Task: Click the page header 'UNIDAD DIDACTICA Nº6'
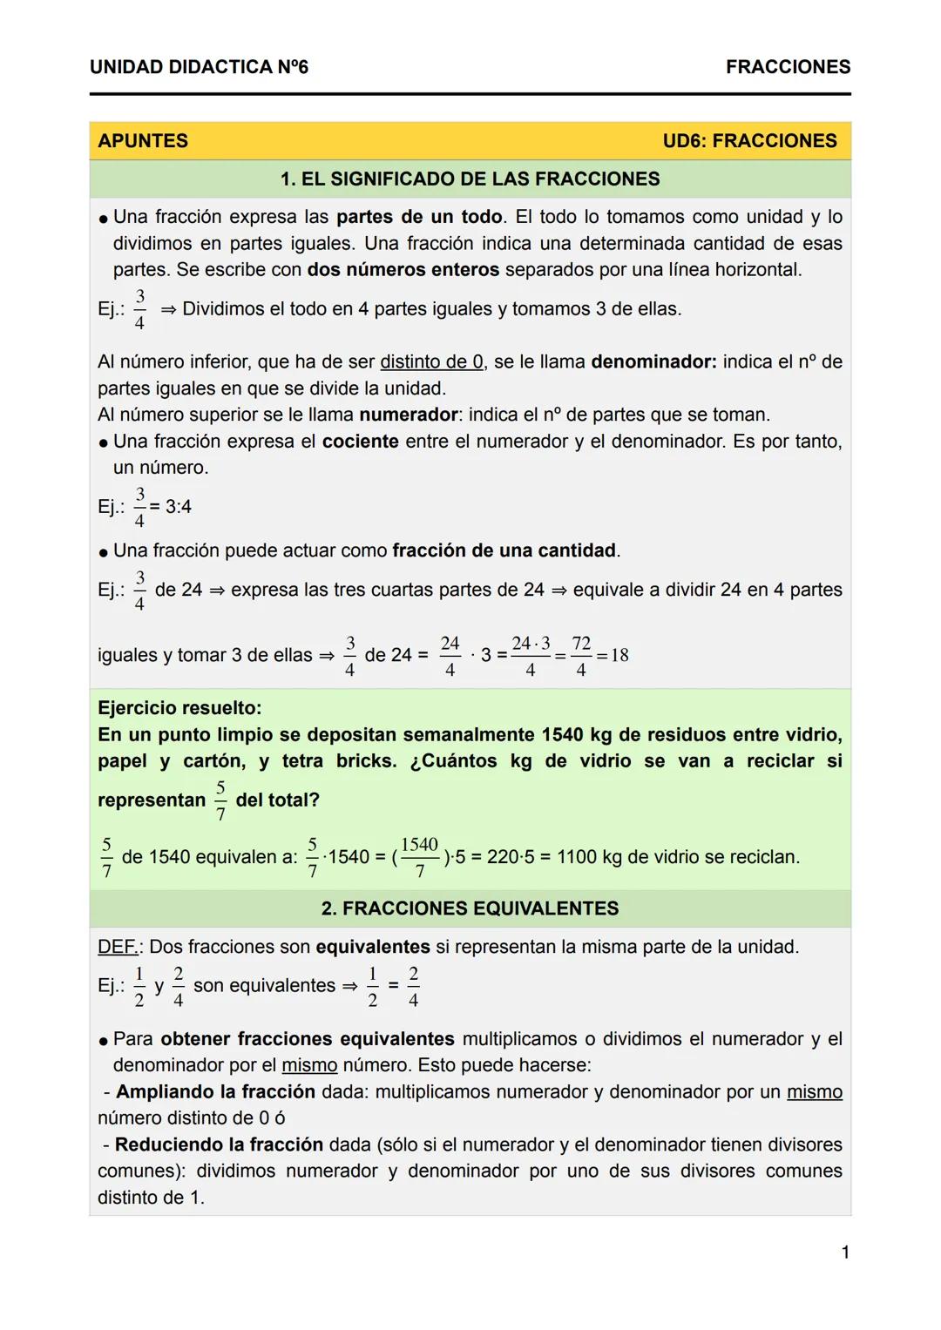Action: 199,67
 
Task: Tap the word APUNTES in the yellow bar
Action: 143,141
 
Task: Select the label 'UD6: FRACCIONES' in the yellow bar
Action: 749,141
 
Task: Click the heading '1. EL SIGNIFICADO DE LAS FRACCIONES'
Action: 470,179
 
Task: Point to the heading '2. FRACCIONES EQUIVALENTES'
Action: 470,908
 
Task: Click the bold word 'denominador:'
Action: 653,361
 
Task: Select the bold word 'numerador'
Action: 408,415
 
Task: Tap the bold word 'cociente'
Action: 360,442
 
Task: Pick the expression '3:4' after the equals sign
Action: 179,507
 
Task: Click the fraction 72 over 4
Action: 581,656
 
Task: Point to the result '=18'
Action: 613,655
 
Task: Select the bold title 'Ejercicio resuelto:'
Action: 179,708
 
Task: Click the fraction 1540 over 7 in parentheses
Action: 420,857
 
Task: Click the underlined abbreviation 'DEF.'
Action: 117,947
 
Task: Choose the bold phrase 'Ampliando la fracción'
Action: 215,1092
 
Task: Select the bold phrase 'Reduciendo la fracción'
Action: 219,1145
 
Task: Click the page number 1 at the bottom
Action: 844,1252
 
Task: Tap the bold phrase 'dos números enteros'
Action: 403,270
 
